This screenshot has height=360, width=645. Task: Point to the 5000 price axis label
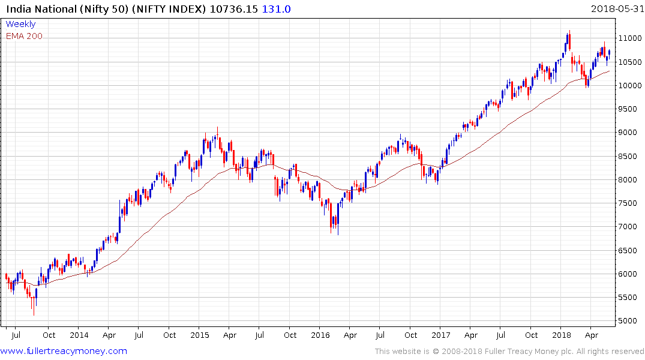[628, 321]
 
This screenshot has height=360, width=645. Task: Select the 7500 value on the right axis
[628, 203]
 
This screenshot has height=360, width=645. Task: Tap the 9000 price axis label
[628, 133]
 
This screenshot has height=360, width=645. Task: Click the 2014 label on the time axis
[79, 335]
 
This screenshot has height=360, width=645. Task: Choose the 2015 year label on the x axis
[200, 335]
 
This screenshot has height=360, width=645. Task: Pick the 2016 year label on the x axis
[320, 335]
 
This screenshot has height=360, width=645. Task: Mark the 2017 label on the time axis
[441, 335]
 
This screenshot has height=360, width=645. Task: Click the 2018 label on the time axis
[562, 335]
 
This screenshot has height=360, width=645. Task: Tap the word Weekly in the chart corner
[20, 24]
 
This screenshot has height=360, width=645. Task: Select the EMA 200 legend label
[24, 36]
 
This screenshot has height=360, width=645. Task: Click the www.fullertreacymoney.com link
[64, 351]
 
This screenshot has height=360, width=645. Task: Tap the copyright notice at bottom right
[509, 352]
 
